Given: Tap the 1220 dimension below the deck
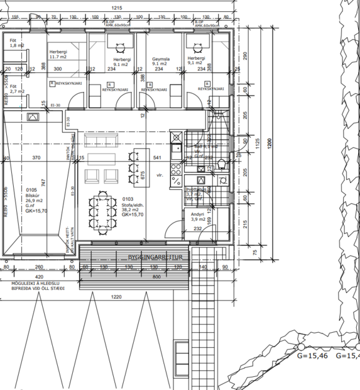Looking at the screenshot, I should [114, 296].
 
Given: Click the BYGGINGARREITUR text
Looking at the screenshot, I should [155, 258].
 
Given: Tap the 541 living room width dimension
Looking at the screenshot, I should [157, 158].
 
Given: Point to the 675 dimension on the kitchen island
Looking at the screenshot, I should [143, 175].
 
